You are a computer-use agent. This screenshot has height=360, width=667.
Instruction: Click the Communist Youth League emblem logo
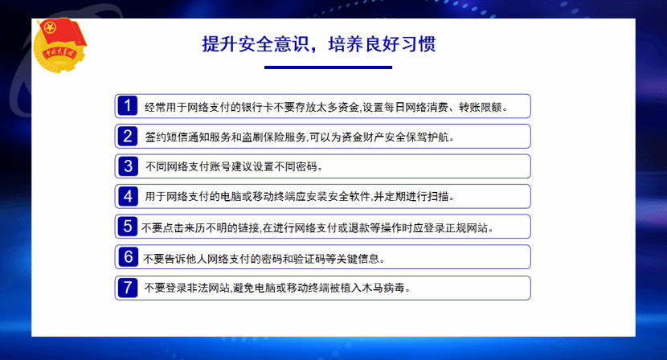coord(60,45)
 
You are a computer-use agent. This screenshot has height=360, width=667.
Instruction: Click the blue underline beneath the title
coord(328,67)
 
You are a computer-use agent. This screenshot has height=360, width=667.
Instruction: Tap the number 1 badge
coord(127,106)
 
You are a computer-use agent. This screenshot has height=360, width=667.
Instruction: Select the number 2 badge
coord(127,136)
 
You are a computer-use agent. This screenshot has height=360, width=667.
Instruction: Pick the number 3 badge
coord(127,166)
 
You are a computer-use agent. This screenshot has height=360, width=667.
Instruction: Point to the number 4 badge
coord(127,196)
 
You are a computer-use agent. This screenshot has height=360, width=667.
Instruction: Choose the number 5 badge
coord(127,227)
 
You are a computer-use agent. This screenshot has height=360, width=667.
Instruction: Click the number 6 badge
coord(127,257)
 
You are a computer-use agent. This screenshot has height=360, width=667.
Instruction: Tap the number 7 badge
coord(127,288)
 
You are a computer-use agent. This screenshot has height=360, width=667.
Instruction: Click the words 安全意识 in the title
coord(274,44)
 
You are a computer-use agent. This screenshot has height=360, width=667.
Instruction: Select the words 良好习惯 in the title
coord(400,44)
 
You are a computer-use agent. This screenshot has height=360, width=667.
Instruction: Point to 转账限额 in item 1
coord(481,107)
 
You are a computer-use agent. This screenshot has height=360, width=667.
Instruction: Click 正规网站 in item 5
coord(466,228)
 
